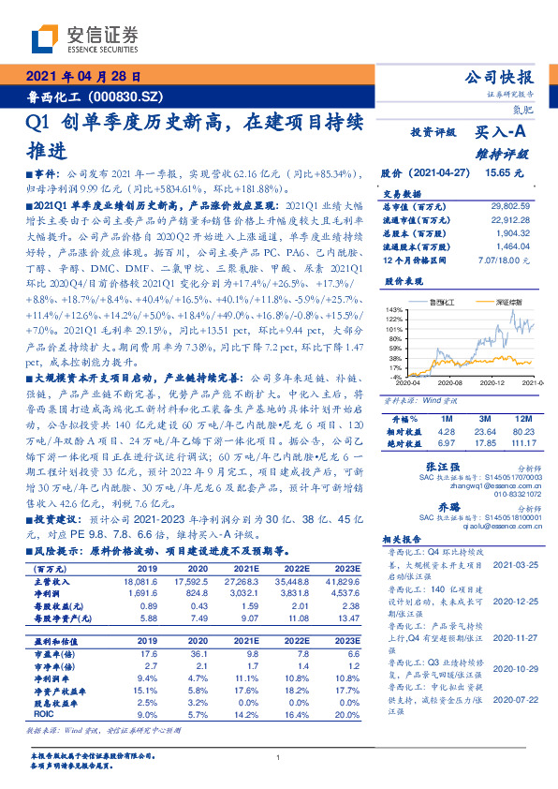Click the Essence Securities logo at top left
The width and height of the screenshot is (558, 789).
point(82,37)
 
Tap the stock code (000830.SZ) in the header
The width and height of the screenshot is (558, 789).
point(130,96)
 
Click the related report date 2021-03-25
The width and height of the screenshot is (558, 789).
point(514,567)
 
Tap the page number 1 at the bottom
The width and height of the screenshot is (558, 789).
point(279,757)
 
